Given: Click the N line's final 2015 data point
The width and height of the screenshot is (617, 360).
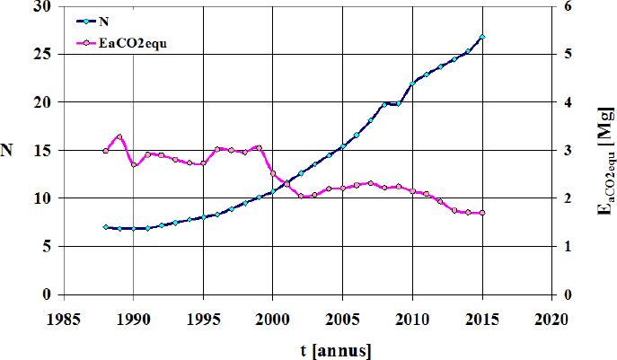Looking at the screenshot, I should (482, 37).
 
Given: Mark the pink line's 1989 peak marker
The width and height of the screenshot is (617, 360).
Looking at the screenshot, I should (119, 136).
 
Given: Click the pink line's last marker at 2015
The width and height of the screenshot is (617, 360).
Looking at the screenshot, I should (482, 213).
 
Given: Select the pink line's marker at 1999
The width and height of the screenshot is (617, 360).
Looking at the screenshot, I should (259, 147).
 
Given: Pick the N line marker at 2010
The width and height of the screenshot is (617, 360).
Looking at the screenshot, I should (412, 83).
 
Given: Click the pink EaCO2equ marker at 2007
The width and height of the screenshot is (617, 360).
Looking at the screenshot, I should (371, 183).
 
